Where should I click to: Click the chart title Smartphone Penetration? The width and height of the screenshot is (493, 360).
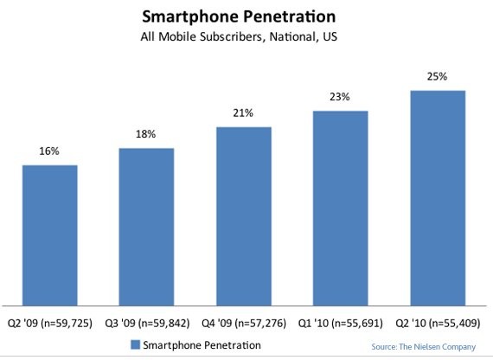pos(246,16)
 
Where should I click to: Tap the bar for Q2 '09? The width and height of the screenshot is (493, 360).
pos(49,235)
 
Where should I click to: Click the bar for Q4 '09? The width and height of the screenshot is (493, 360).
pos(244,215)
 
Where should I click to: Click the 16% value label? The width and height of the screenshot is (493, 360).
pos(49,151)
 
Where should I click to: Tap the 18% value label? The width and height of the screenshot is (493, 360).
pos(146,135)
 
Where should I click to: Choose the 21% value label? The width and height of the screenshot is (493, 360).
pos(244,113)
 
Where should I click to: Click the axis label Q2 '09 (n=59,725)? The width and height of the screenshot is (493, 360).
pos(49,320)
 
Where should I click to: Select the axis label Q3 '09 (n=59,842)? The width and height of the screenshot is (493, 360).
pos(146,320)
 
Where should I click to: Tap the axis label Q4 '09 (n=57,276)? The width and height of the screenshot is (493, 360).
pos(244,320)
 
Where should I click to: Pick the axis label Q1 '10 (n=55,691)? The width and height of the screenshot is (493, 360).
pos(342,320)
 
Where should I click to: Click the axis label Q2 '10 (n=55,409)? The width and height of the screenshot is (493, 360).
pos(439,320)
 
